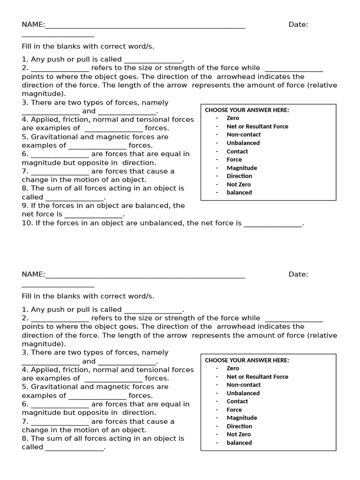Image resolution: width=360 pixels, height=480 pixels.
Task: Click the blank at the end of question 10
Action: tap(273, 224)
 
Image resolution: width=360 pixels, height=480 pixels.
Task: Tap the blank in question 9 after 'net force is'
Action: tap(93, 215)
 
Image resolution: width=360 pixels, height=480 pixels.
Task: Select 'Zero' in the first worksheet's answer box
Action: tap(232, 118)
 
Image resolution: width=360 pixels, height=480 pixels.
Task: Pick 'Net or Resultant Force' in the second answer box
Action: tap(257, 376)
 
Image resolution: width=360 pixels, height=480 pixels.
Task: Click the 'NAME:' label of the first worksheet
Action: tap(33, 25)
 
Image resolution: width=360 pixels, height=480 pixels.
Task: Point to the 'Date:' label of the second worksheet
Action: tap(298, 275)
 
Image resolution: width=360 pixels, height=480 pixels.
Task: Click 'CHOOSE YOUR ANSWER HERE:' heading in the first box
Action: tap(247, 110)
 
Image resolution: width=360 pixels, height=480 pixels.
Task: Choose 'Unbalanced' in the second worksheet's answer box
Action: tap(243, 393)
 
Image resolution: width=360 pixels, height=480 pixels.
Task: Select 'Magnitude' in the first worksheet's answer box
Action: tap(242, 168)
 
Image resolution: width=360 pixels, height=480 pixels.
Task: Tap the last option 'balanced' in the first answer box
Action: tap(239, 193)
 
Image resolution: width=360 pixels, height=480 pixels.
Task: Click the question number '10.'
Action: tap(27, 223)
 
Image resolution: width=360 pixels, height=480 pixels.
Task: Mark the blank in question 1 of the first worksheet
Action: tap(153, 60)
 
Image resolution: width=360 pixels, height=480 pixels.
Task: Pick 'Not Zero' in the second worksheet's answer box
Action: tap(239, 435)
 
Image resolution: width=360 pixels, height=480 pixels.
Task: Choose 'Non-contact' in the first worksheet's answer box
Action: tap(244, 135)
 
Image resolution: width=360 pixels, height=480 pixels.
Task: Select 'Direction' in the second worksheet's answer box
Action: tap(239, 426)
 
